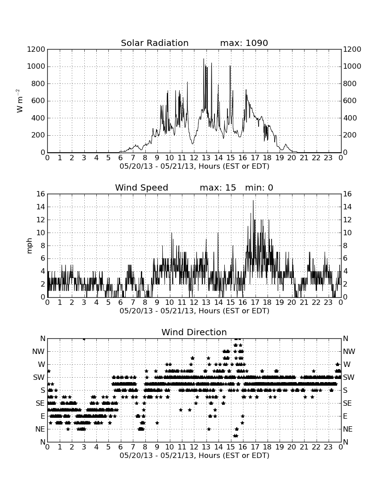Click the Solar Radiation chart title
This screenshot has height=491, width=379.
pyautogui.click(x=154, y=43)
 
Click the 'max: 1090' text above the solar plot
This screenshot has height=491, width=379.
pyautogui.click(x=244, y=43)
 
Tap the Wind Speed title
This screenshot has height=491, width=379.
pyautogui.click(x=142, y=187)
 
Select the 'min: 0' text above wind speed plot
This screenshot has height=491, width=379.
pyautogui.click(x=259, y=187)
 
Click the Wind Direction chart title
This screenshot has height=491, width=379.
pyautogui.click(x=194, y=332)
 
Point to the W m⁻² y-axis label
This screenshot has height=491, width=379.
pyautogui.click(x=19, y=101)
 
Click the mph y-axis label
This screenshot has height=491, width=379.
pyautogui.click(x=29, y=245)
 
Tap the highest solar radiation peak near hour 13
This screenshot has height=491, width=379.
pyautogui.click(x=204, y=59)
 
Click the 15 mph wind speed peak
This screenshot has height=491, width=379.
pyautogui.click(x=253, y=201)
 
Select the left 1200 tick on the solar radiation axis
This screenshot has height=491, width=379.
pyautogui.click(x=36, y=50)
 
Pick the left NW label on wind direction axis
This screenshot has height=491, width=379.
pyautogui.click(x=38, y=352)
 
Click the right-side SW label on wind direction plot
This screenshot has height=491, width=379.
pyautogui.click(x=348, y=378)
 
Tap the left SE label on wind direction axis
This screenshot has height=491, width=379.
pyautogui.click(x=40, y=404)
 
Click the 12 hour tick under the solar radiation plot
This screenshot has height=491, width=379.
pyautogui.click(x=194, y=158)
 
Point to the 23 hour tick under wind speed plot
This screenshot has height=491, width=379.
pyautogui.click(x=328, y=302)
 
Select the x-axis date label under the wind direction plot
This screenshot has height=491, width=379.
pyautogui.click(x=194, y=455)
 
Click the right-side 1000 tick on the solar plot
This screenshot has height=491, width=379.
pyautogui.click(x=352, y=67)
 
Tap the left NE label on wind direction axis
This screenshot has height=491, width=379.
pyautogui.click(x=40, y=429)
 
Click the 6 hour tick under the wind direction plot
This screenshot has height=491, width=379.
pyautogui.click(x=120, y=447)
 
